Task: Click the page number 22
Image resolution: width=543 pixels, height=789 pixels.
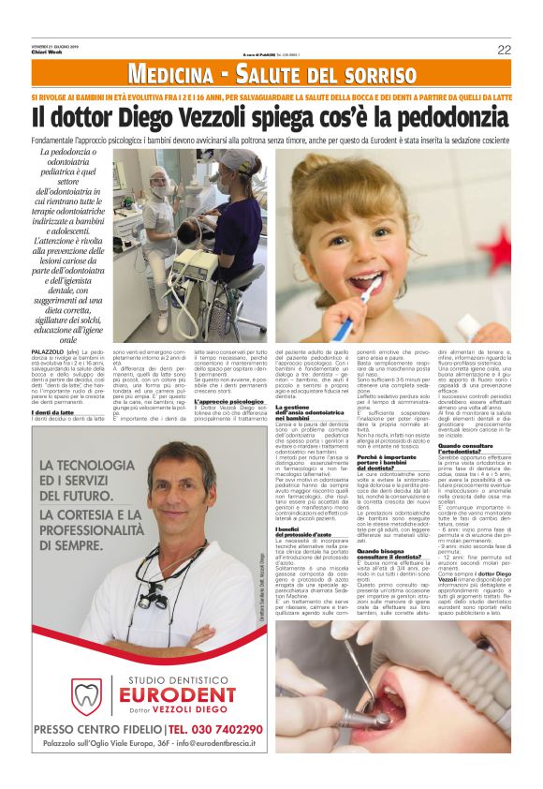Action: [x=504, y=49]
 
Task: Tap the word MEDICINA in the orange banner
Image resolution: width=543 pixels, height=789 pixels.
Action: [x=169, y=74]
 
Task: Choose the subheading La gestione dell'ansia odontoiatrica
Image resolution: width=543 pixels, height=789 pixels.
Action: [x=312, y=410]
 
